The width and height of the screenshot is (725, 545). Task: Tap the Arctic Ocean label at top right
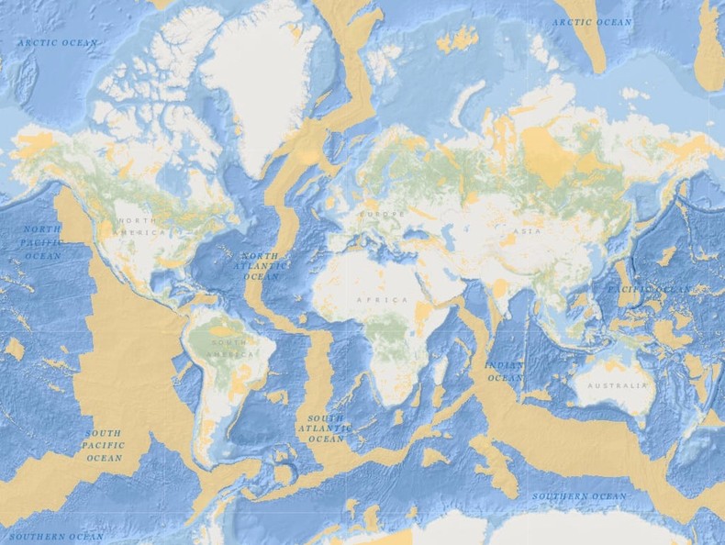tap(592, 22)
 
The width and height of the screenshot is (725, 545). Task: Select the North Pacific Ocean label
tap(41, 242)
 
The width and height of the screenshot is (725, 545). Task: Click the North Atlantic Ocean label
tap(260, 266)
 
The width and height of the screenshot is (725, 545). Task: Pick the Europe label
tap(383, 214)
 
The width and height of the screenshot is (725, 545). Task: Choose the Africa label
tap(383, 300)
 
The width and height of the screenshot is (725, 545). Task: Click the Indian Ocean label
tap(504, 371)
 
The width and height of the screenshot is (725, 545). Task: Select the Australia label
tap(616, 385)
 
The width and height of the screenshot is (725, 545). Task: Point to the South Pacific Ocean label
tap(104, 445)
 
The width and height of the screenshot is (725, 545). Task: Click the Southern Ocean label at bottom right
tap(581, 496)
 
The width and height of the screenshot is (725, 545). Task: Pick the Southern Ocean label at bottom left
tap(57, 536)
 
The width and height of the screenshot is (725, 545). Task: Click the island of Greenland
tap(262, 83)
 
